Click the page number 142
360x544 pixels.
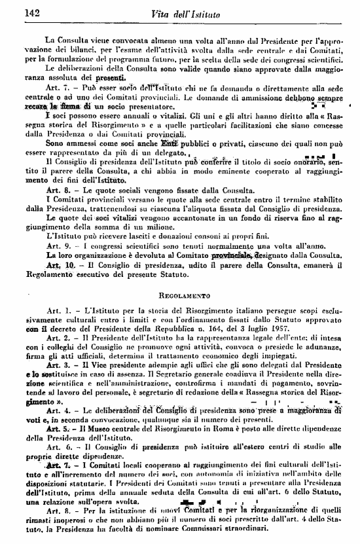(x=32, y=12)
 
